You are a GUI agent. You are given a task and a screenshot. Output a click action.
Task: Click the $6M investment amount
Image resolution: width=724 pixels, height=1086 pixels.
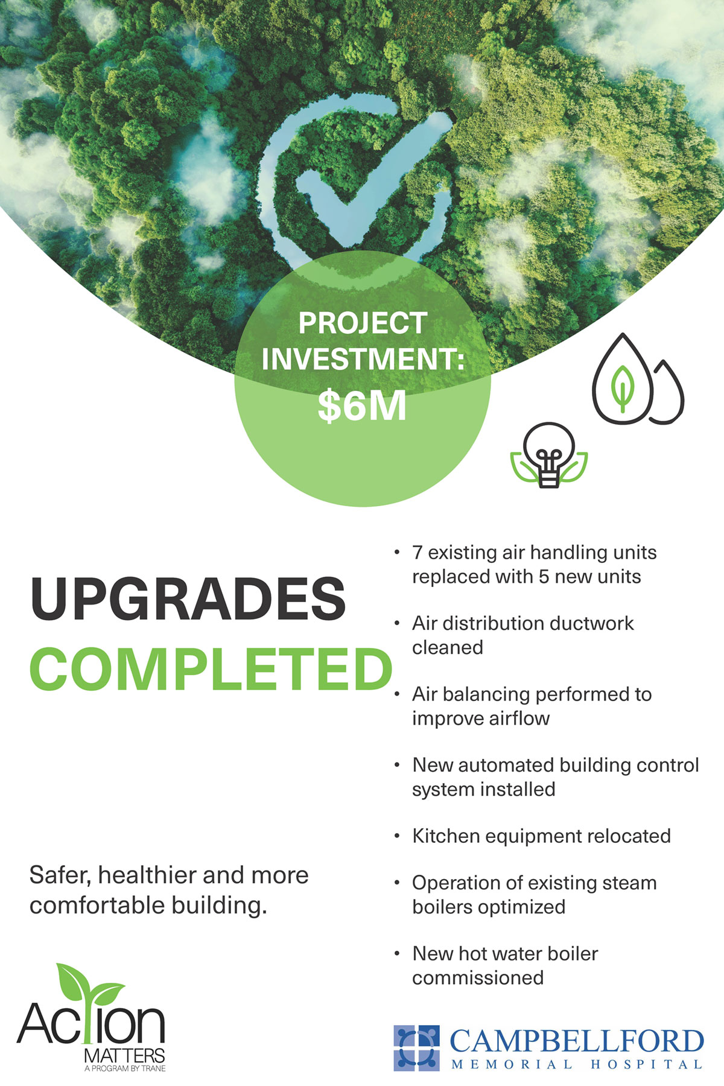362,407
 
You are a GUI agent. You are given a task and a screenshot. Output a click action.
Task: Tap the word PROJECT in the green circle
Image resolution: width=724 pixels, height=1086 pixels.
363,323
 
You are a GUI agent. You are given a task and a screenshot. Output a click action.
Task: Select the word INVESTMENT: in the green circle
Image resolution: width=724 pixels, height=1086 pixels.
363,359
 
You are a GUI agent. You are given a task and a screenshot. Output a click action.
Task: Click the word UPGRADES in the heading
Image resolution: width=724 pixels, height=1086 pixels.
188,599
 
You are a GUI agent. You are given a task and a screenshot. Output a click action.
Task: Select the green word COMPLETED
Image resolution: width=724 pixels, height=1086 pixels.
211,669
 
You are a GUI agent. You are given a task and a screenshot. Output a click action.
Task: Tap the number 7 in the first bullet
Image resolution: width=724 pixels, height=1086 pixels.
417,553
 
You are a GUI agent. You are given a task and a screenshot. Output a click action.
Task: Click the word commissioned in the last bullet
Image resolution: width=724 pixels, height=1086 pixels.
478,977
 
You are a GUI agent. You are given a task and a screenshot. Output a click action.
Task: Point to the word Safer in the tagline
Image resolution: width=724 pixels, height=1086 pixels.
60,875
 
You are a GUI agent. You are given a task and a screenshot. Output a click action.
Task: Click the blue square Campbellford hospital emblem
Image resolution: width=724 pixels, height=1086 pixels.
417,1048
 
